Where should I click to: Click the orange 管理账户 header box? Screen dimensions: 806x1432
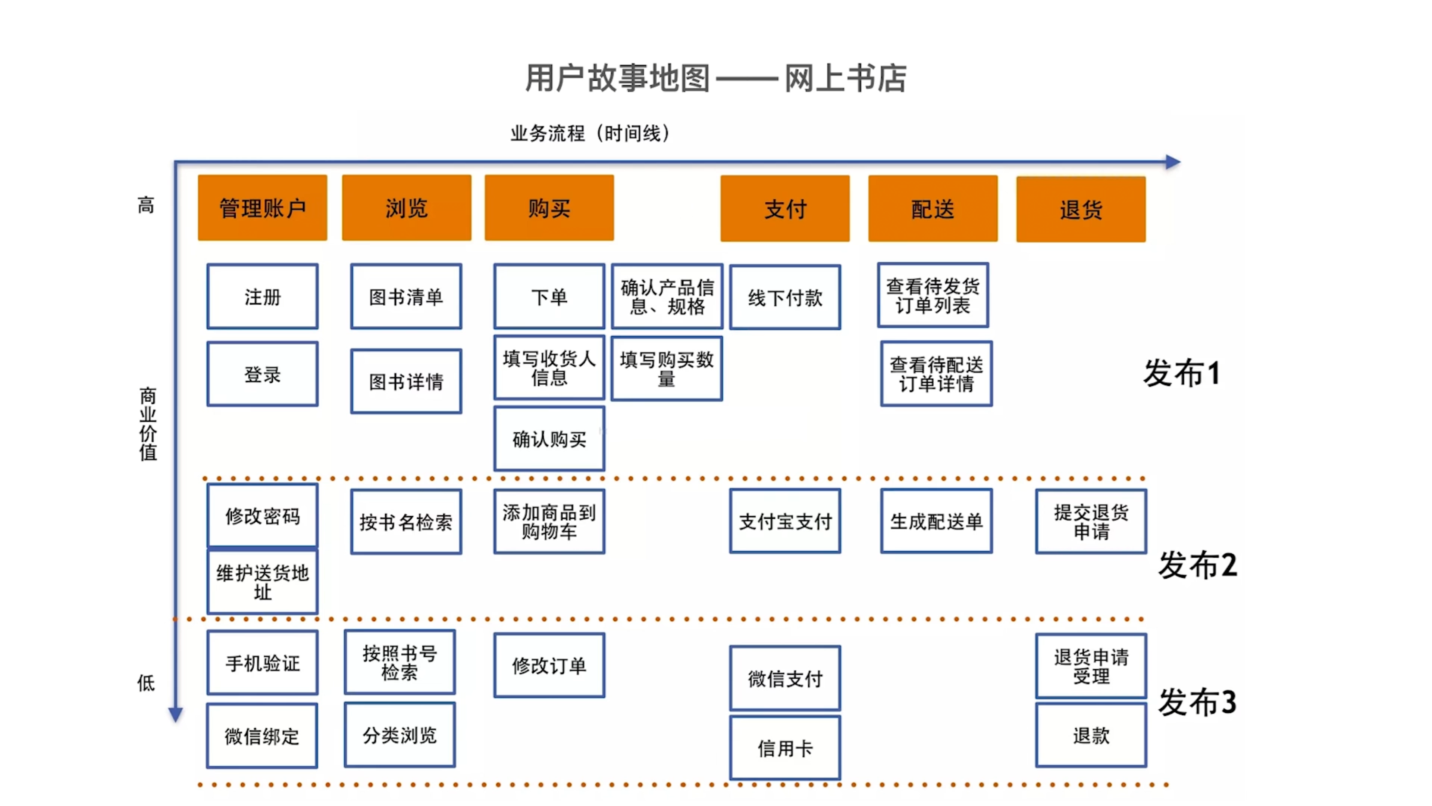[x=262, y=208]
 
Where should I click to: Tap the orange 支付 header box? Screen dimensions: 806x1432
[x=785, y=209]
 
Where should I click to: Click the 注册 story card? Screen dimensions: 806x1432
[x=262, y=296]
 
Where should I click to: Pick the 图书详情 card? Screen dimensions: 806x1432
[x=406, y=382]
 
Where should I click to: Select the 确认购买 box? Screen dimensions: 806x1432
[x=549, y=439]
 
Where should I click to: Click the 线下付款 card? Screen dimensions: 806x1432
[x=785, y=298]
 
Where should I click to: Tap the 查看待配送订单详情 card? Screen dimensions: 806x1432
[x=936, y=374]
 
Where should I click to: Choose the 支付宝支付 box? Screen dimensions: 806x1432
[x=785, y=521]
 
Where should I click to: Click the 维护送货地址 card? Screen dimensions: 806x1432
[x=262, y=582]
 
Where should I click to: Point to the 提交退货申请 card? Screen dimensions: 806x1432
[x=1091, y=521]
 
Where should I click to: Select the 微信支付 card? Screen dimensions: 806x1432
[x=785, y=678]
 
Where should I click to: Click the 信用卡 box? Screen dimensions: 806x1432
[x=785, y=748]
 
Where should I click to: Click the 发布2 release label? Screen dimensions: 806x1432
[x=1197, y=565]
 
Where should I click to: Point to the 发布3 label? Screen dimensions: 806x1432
[x=1197, y=702]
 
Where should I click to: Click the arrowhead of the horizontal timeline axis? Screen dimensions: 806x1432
[x=1173, y=162]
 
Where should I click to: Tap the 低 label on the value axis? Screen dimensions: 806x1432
[x=145, y=682]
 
